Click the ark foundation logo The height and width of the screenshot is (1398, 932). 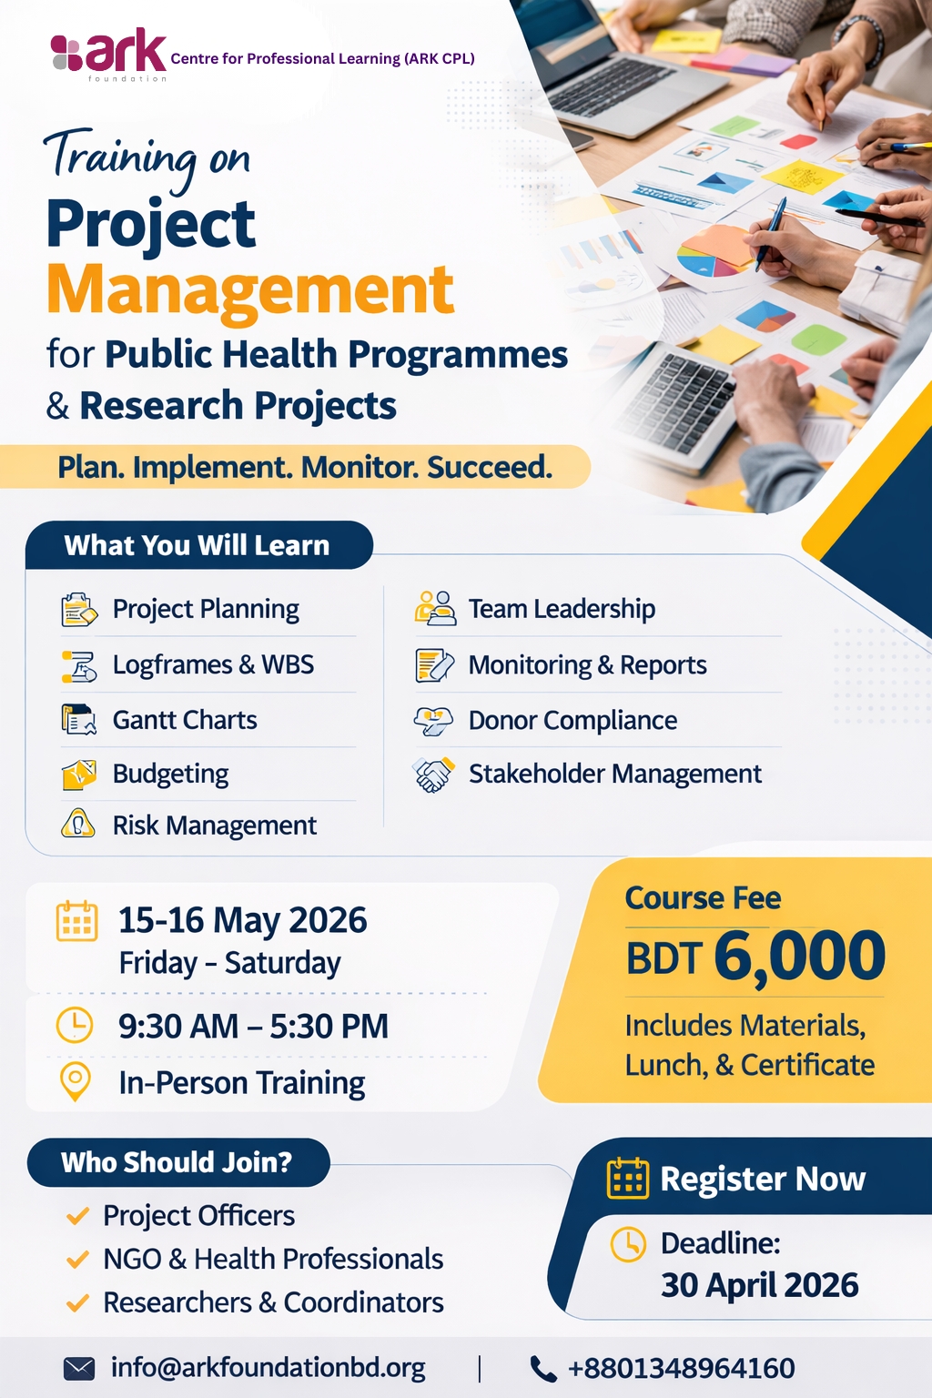coord(108,55)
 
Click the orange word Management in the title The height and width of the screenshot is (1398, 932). coord(250,290)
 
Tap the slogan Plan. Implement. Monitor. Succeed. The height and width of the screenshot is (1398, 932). coord(305,467)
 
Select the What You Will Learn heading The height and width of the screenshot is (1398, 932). coord(197,545)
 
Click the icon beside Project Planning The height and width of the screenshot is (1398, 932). coord(78,609)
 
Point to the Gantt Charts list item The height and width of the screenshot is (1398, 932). coord(185,720)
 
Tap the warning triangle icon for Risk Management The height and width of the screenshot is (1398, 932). coord(78,823)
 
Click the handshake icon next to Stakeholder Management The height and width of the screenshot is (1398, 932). coord(433,775)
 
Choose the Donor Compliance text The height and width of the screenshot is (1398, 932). coord(572,720)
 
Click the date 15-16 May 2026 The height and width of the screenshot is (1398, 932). coord(243,920)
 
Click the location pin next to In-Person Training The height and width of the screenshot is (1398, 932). coord(75,1081)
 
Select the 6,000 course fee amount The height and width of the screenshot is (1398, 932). coord(800,956)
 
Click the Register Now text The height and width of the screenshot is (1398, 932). coord(763,1179)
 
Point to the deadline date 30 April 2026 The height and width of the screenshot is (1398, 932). coord(760,1285)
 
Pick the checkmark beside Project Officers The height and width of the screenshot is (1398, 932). coord(77,1215)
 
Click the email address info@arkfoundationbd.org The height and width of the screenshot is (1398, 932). coord(268,1368)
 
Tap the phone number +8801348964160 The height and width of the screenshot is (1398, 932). coord(681,1368)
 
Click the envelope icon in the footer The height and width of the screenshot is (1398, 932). coord(79,1369)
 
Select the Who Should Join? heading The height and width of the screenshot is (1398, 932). coord(177,1162)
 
